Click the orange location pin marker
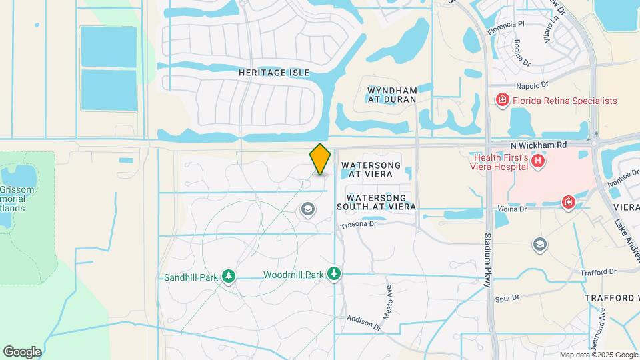coord(321,159)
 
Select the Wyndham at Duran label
coord(391,94)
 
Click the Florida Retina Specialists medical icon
coord(502,101)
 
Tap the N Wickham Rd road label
coord(538,144)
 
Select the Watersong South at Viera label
coord(381,203)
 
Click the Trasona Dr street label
coord(359,225)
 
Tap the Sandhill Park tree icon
coord(229,276)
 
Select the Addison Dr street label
coord(363,323)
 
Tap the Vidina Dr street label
coord(512,209)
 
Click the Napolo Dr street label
coord(531,85)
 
